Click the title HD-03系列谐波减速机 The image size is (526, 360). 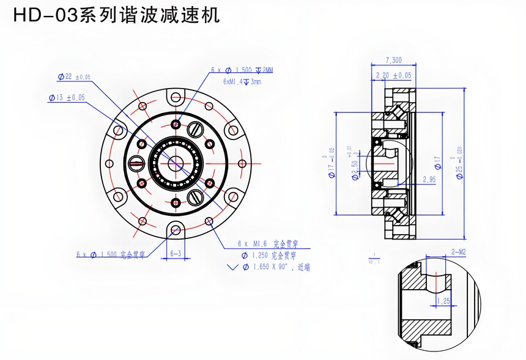coord(116,15)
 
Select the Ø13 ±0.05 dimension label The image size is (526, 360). coord(67,97)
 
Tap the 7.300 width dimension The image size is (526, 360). coord(393,60)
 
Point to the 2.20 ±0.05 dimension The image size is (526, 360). coord(393,75)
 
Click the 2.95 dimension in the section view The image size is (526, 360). coord(429,179)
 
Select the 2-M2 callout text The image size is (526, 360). coord(459,251)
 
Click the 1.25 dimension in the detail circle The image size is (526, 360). coord(444,301)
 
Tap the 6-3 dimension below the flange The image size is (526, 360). coord(176,252)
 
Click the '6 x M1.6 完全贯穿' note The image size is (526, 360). coord(267,243)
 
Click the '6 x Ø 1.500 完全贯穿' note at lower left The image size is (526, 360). coord(110,254)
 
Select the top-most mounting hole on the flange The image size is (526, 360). coord(176,97)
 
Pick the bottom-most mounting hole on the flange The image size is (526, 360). coord(176,229)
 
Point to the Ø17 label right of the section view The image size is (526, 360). coord(437,163)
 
